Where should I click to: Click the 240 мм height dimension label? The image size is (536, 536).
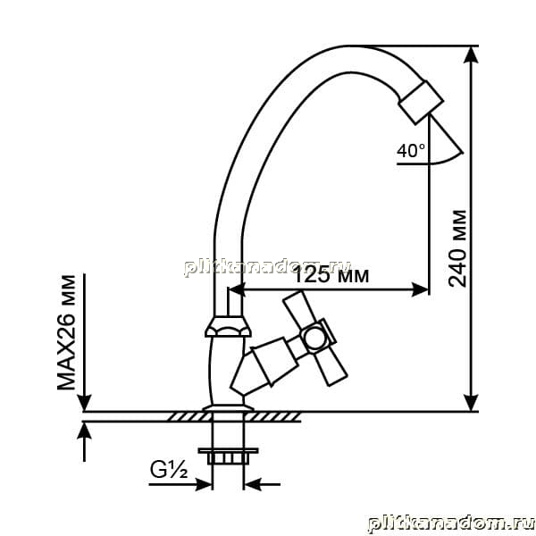click(x=457, y=248)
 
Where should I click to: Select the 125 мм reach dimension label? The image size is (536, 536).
click(x=331, y=275)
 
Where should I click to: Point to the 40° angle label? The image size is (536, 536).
click(x=411, y=150)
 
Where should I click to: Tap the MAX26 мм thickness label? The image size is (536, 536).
click(x=66, y=332)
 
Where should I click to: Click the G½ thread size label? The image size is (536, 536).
click(x=169, y=470)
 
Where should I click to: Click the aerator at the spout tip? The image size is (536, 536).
click(x=422, y=102)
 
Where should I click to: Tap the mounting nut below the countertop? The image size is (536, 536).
click(x=228, y=456)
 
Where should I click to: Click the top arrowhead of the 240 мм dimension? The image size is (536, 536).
click(x=471, y=54)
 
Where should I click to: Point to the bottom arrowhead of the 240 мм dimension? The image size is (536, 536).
click(x=471, y=403)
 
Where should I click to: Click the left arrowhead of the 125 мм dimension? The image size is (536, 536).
click(x=237, y=289)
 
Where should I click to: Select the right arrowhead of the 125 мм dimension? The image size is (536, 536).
click(x=420, y=289)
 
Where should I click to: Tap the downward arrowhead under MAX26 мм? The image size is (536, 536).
click(x=84, y=403)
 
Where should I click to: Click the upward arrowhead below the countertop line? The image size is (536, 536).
click(x=84, y=431)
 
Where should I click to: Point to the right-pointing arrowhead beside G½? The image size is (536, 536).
click(x=204, y=484)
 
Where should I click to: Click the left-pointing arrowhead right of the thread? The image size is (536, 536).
click(x=252, y=484)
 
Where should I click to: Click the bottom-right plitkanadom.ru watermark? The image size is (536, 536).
click(x=451, y=523)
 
